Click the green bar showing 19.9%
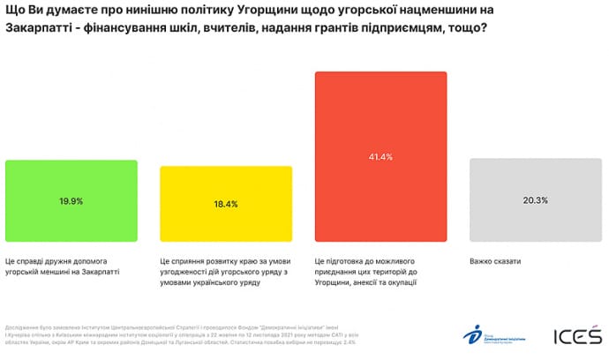71,200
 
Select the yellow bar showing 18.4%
225,204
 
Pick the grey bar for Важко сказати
535,200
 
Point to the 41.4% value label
380,157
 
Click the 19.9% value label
71,201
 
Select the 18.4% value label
225,204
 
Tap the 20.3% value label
535,200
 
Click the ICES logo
577,336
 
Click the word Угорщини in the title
270,11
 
